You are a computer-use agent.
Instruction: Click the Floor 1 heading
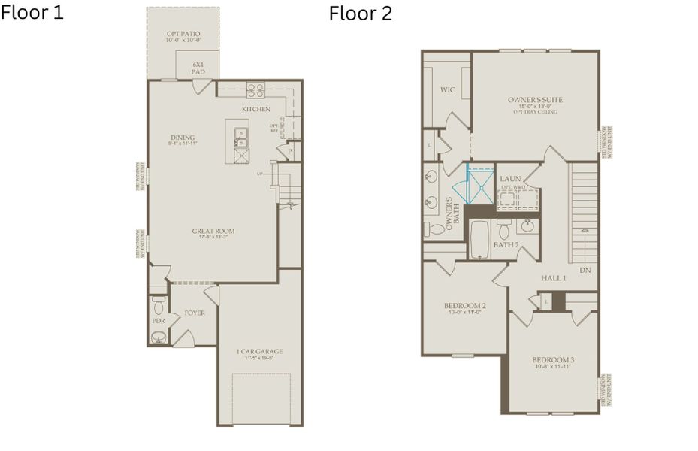(32, 13)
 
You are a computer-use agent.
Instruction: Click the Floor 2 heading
(360, 14)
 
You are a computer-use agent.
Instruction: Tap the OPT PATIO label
(183, 35)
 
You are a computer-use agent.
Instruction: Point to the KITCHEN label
(255, 110)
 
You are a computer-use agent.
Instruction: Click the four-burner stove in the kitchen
(255, 91)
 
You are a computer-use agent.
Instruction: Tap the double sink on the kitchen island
(242, 137)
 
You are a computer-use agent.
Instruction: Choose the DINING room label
(183, 138)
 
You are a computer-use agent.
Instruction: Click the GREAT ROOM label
(213, 232)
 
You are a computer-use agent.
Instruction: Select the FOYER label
(195, 313)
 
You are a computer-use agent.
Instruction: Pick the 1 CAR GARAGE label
(258, 352)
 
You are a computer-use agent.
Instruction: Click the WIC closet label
(447, 90)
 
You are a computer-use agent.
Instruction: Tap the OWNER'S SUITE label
(535, 100)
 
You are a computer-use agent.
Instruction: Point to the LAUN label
(510, 178)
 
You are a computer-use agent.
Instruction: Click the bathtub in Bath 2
(479, 240)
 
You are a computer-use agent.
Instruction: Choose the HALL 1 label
(554, 278)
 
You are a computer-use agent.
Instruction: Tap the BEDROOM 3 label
(553, 359)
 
